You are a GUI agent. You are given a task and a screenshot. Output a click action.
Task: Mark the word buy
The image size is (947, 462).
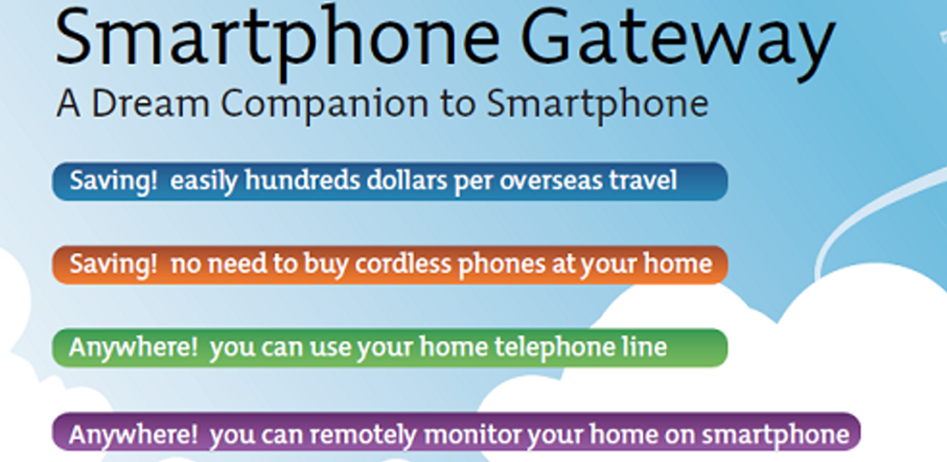click(330, 265)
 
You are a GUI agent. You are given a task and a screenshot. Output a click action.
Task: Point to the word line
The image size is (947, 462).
click(645, 346)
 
